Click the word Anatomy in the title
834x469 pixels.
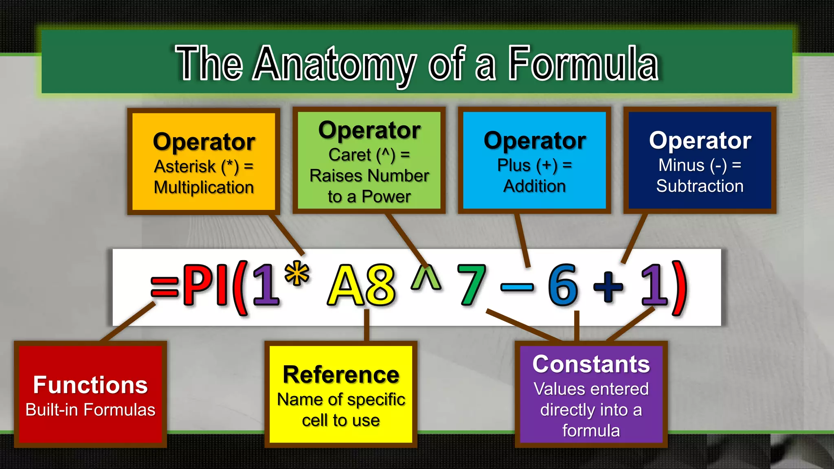[335, 64]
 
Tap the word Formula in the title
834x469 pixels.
[583, 64]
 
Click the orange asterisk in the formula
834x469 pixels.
[297, 272]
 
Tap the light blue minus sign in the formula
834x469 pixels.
[517, 288]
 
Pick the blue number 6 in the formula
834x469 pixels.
[563, 285]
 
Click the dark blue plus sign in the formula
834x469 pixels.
[608, 287]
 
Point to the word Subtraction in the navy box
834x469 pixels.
[700, 186]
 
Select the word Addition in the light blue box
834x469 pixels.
[534, 186]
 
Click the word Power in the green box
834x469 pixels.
[386, 197]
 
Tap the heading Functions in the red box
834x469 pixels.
[90, 385]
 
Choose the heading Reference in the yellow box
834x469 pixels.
[341, 375]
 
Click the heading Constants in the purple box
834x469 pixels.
[591, 364]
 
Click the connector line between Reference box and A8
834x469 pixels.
[367, 325]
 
